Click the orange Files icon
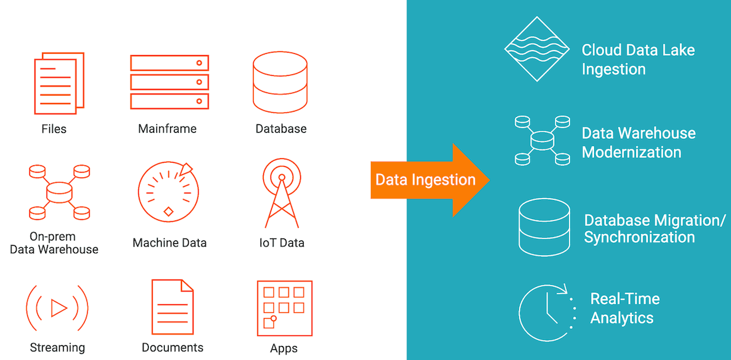pyautogui.click(x=59, y=84)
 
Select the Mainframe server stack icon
pyautogui.click(x=169, y=82)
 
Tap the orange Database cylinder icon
pyautogui.click(x=280, y=82)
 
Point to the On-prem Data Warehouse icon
pyautogui.click(x=59, y=193)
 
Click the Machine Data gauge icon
pyautogui.click(x=168, y=193)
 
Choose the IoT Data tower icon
pyautogui.click(x=281, y=192)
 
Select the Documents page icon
pyautogui.click(x=172, y=306)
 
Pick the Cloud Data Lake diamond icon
pyautogui.click(x=537, y=49)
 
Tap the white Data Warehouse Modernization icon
pyautogui.click(x=542, y=140)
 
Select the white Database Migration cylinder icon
pyautogui.click(x=544, y=226)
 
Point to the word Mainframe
pyautogui.click(x=167, y=129)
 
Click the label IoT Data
pyautogui.click(x=281, y=243)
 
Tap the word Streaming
pyautogui.click(x=57, y=347)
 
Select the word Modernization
pyautogui.click(x=631, y=152)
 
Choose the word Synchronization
pyautogui.click(x=639, y=237)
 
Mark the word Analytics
pyautogui.click(x=621, y=318)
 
